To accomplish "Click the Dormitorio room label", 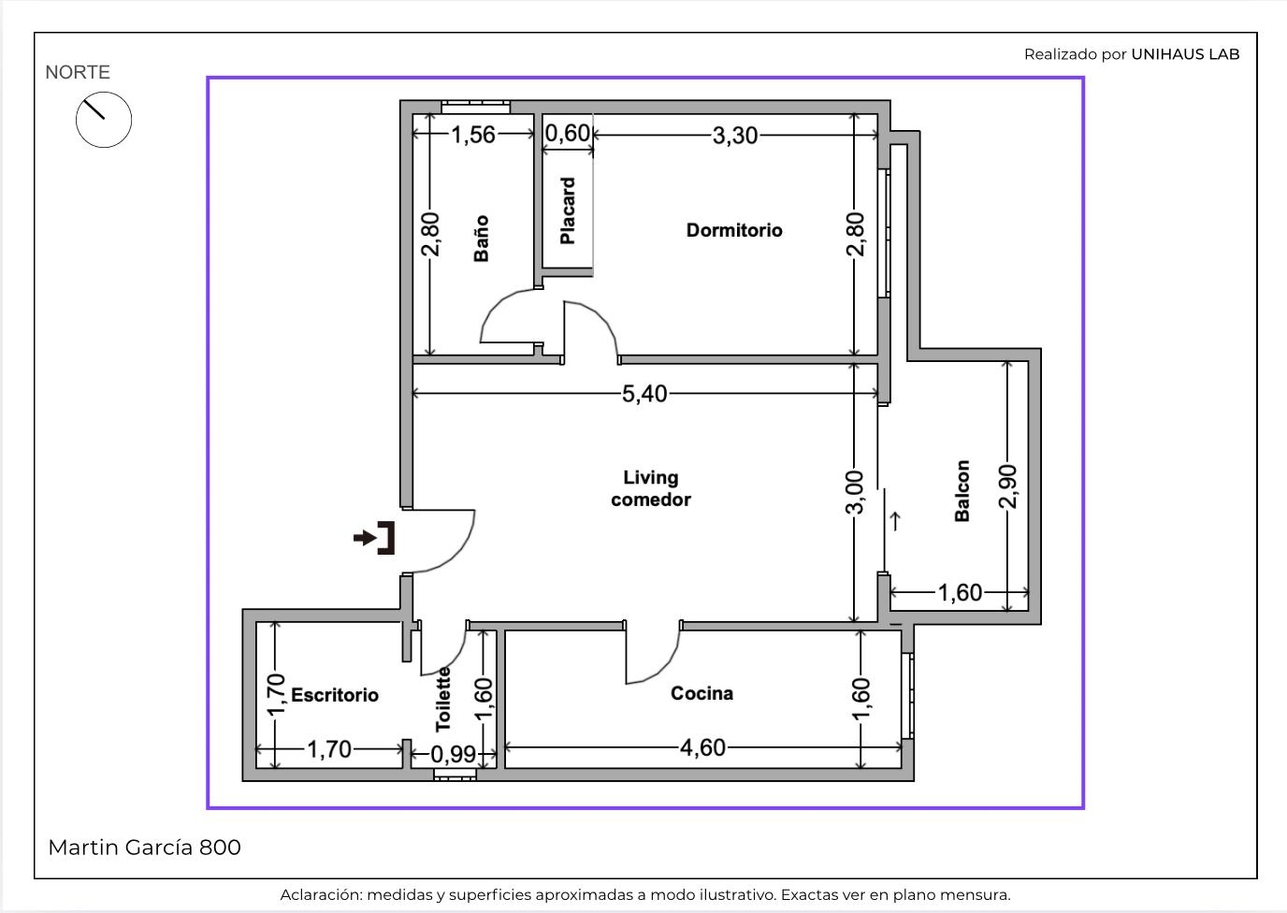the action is click(x=733, y=230).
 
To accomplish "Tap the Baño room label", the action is click(x=482, y=239).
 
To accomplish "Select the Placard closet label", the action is click(x=568, y=210).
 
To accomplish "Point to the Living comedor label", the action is click(x=650, y=488).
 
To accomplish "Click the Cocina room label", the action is click(x=701, y=693).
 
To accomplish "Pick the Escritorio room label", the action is click(x=335, y=695).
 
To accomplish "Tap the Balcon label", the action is click(x=962, y=491).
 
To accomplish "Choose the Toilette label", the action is click(x=443, y=700).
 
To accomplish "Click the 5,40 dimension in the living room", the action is click(x=644, y=394).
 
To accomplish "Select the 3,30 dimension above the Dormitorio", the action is click(x=735, y=136).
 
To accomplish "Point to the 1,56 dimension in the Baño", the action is click(x=473, y=135).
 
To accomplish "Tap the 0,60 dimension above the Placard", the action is click(x=568, y=133).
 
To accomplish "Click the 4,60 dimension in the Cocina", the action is click(x=702, y=748).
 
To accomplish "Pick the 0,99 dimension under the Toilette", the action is click(x=454, y=754).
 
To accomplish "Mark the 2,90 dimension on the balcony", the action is click(x=1008, y=486).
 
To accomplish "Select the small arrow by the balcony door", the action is click(x=895, y=521).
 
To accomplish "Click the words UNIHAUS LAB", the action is click(x=1185, y=54).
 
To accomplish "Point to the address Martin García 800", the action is click(x=144, y=848).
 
